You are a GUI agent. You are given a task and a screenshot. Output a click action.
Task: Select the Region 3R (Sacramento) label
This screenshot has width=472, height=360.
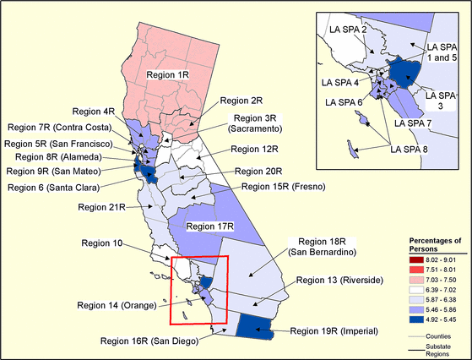pyautogui.click(x=258, y=123)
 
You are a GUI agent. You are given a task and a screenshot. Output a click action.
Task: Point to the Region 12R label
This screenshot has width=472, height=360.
pyautogui.click(x=254, y=150)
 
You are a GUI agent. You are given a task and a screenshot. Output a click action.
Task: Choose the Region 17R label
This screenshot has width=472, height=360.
pyautogui.click(x=209, y=226)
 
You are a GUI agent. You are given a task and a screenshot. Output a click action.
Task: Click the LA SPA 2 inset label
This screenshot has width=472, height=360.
pyautogui.click(x=352, y=30)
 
